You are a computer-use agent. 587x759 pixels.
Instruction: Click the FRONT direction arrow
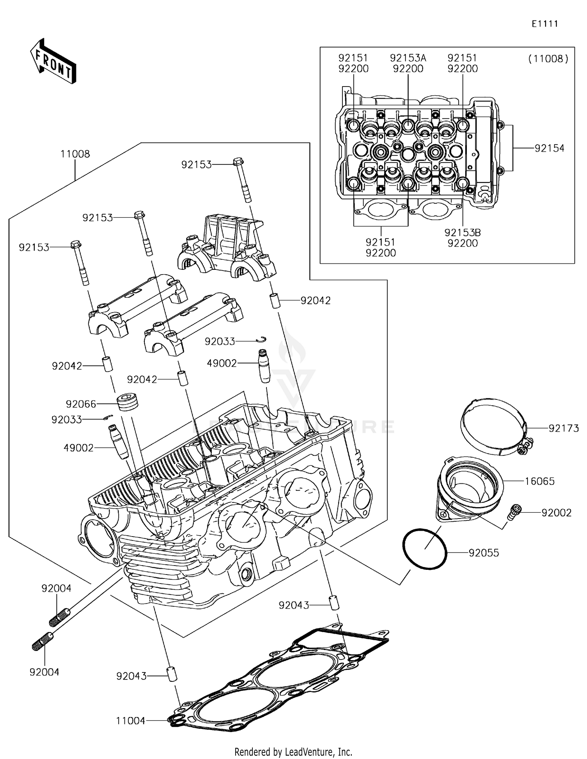[53, 61]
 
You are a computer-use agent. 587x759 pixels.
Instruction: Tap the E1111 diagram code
[544, 24]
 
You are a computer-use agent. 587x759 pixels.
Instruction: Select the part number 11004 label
[130, 720]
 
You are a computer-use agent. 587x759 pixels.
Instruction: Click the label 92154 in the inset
[549, 148]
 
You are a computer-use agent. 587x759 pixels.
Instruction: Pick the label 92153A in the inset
[408, 58]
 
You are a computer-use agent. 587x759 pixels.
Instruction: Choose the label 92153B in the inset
[462, 232]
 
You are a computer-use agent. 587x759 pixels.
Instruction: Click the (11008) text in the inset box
[548, 59]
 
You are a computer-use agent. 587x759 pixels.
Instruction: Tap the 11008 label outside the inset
[75, 154]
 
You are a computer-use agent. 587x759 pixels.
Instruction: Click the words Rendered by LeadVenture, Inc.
[293, 752]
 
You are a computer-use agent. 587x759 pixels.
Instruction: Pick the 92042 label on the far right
[315, 300]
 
